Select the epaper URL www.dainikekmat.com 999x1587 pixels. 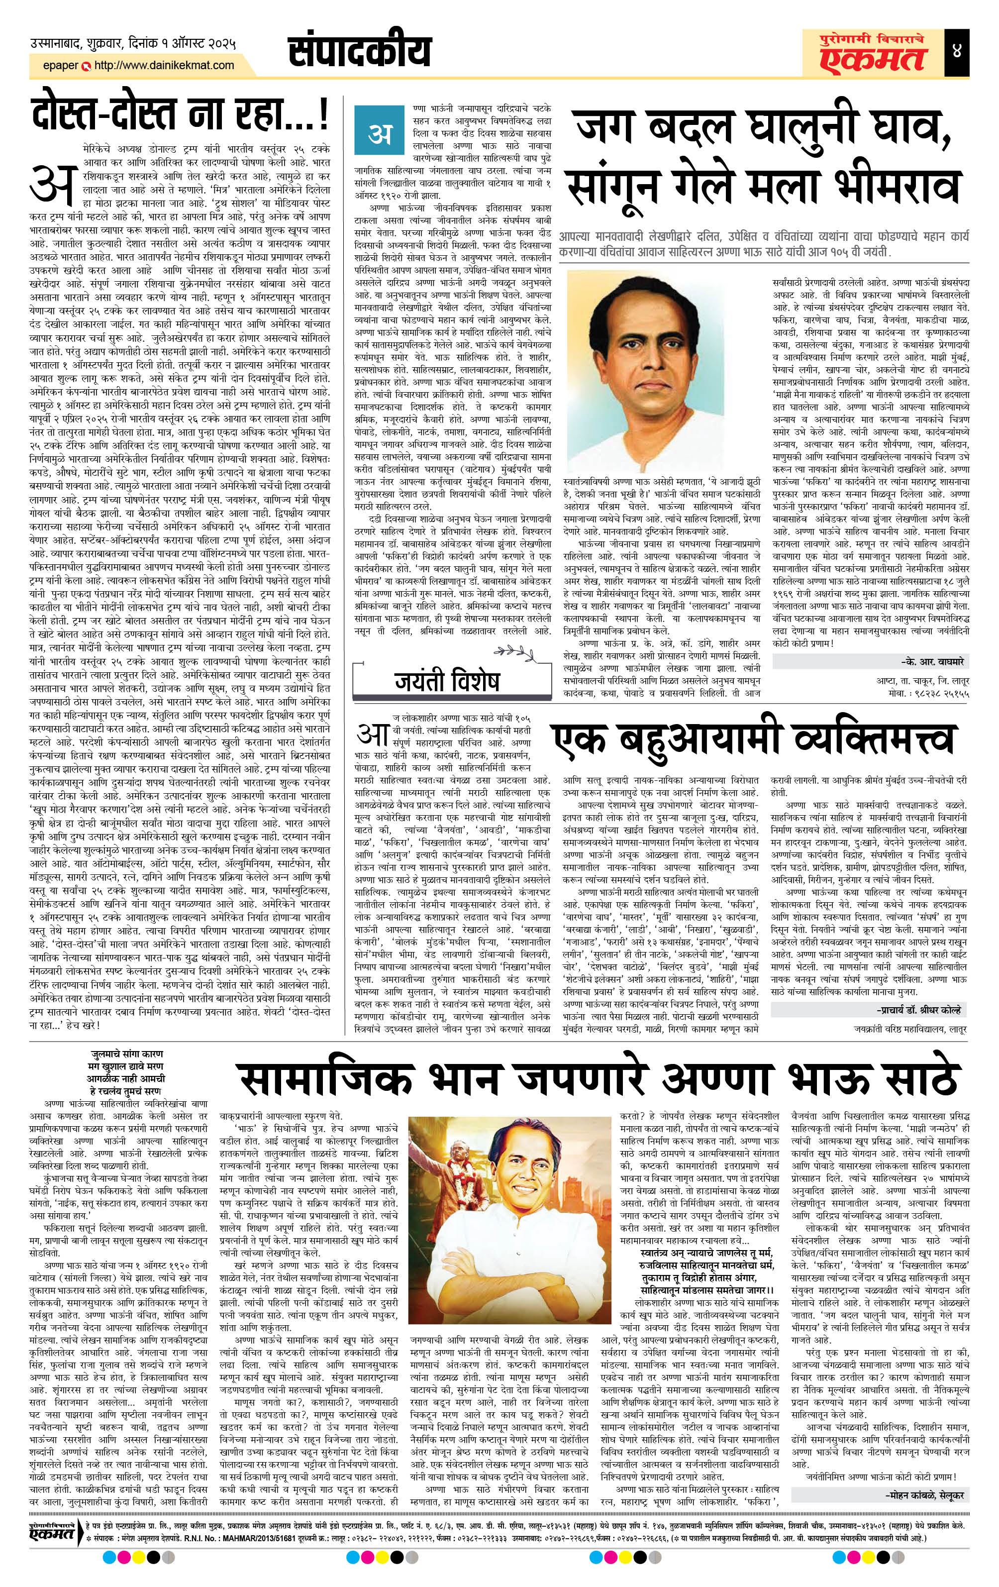click(x=164, y=65)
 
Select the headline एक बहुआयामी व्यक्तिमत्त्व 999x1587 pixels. click(x=751, y=741)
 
